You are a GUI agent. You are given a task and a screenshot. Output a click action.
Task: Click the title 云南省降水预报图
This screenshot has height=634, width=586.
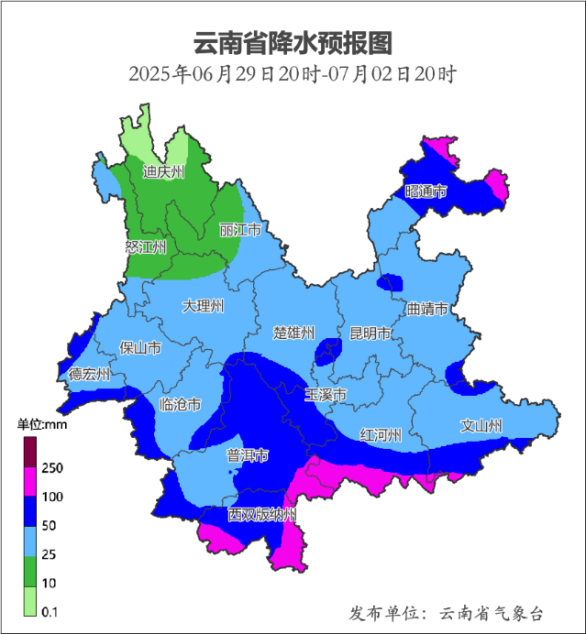click(x=293, y=42)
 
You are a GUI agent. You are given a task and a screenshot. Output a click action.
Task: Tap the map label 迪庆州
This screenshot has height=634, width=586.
click(x=163, y=171)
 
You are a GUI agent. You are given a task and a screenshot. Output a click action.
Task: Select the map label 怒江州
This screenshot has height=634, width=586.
click(x=146, y=247)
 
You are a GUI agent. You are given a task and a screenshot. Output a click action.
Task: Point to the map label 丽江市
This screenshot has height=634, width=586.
click(x=240, y=230)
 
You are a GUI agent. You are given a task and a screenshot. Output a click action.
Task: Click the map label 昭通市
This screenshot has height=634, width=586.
click(x=426, y=191)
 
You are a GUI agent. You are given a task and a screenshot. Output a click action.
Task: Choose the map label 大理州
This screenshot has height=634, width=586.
click(x=203, y=305)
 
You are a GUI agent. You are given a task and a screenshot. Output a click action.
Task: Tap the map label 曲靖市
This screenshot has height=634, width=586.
click(x=427, y=309)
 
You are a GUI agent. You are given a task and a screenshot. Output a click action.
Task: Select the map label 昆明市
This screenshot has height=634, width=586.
click(x=370, y=332)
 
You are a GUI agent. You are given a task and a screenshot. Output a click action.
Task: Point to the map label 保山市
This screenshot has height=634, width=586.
click(x=140, y=347)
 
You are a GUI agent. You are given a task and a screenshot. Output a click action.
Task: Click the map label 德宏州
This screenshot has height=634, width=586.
click(x=89, y=374)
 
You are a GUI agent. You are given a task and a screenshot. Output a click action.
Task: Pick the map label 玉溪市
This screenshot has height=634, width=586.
click(x=326, y=395)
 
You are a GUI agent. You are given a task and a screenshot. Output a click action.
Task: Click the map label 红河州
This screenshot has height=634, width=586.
click(x=381, y=434)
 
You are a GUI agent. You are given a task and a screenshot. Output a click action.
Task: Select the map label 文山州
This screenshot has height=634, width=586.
click(x=481, y=426)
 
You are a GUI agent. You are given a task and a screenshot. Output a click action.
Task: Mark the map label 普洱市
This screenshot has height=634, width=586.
click(x=248, y=455)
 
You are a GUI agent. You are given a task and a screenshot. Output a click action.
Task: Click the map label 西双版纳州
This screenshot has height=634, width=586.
click(x=262, y=515)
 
